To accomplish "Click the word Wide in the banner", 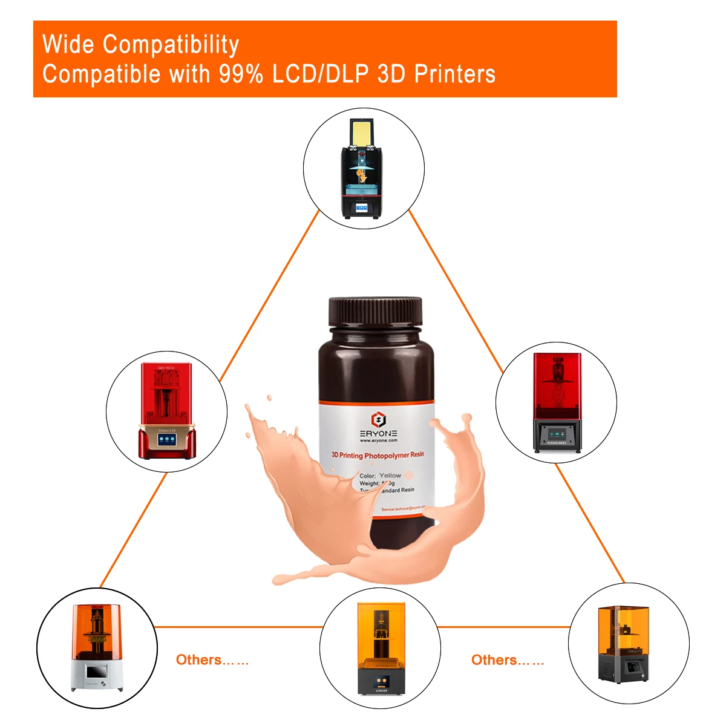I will [x=68, y=45].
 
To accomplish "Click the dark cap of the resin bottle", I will [x=375, y=315].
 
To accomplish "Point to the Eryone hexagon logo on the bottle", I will [x=378, y=419].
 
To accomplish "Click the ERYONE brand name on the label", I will [x=378, y=433].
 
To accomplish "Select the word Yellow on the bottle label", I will [x=390, y=476].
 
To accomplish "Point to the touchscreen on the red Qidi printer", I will [x=167, y=440].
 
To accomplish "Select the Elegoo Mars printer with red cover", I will [x=557, y=402].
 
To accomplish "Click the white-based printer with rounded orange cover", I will [x=97, y=647].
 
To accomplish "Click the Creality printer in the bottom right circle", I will [x=624, y=644].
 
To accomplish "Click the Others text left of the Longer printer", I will [x=212, y=660].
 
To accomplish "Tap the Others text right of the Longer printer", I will [x=507, y=660].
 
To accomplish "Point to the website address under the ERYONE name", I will [x=378, y=441].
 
